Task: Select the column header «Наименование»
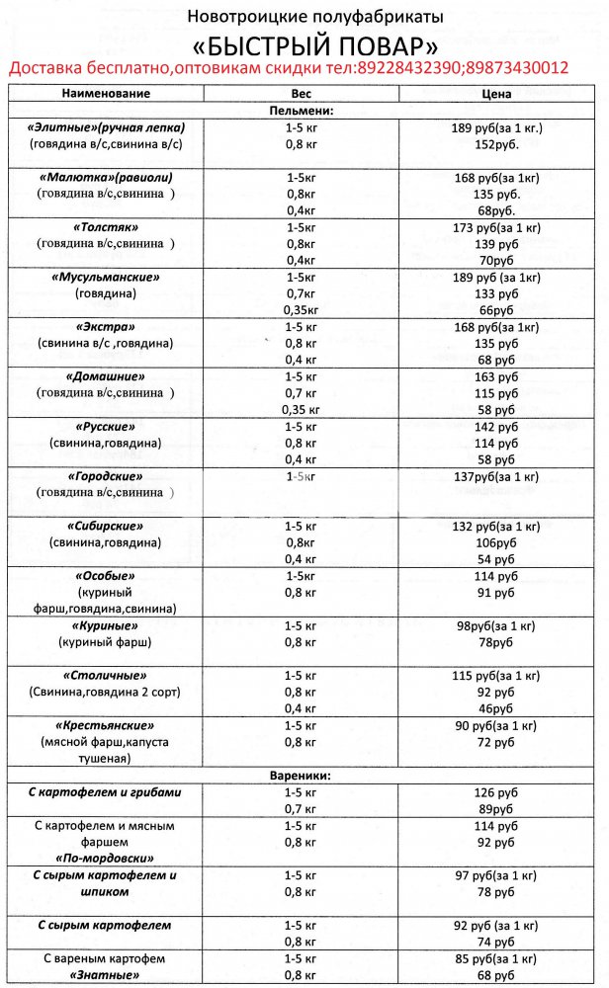pyautogui.click(x=106, y=94)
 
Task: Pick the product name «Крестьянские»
pyautogui.click(x=106, y=725)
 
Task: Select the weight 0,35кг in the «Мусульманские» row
pyautogui.click(x=302, y=309)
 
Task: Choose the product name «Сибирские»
pyautogui.click(x=106, y=526)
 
